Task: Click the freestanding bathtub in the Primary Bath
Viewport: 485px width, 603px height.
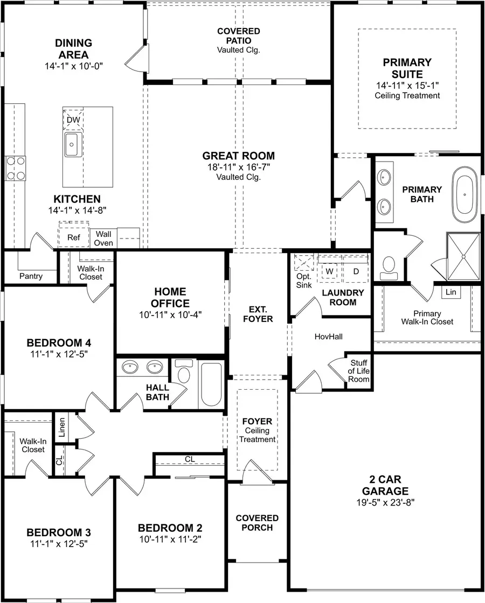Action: pos(464,195)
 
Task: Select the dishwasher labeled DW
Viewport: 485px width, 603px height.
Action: pos(73,120)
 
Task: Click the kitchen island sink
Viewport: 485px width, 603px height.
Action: pos(72,144)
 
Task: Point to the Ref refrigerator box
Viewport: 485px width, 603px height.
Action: pos(73,237)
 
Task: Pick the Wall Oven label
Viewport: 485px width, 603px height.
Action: pos(103,239)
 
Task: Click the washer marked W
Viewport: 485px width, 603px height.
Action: pos(328,271)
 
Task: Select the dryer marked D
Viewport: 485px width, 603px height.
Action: pos(356,271)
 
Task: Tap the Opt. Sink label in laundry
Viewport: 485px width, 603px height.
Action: pos(304,281)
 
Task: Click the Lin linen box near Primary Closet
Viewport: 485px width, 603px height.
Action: pos(451,292)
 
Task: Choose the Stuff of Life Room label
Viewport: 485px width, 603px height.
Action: pos(359,371)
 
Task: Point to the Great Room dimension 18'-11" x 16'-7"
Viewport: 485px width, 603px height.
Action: pos(238,167)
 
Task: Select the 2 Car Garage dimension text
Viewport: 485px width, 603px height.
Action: pos(385,502)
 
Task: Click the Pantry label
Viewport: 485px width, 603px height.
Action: pos(31,276)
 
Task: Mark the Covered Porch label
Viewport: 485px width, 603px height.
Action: pos(257,523)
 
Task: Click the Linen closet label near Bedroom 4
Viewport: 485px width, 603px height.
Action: pos(62,426)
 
